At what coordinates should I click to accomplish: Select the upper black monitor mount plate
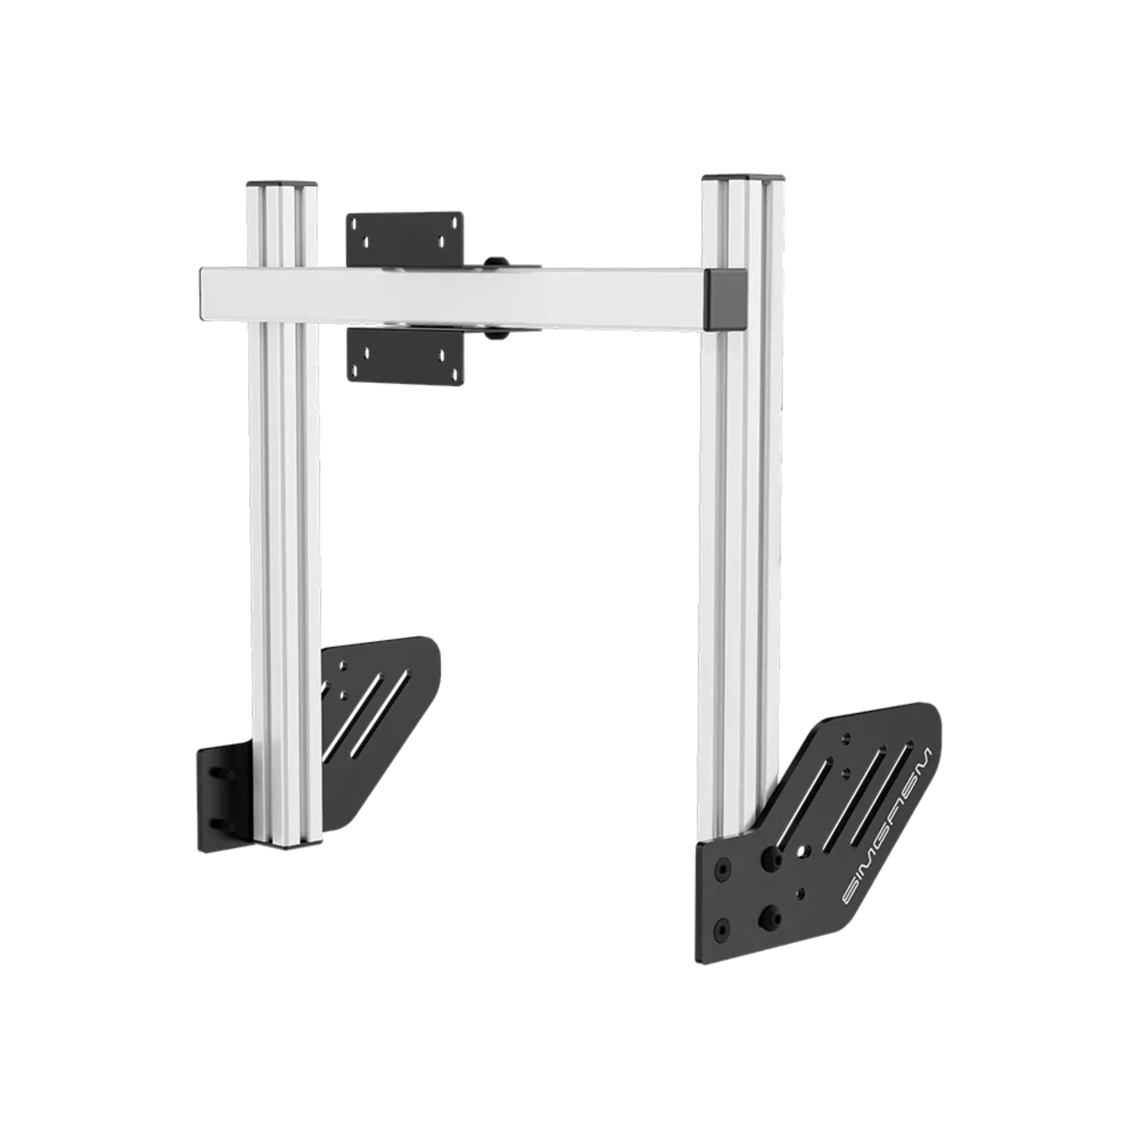tap(405, 238)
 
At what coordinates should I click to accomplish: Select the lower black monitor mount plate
tap(405, 355)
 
